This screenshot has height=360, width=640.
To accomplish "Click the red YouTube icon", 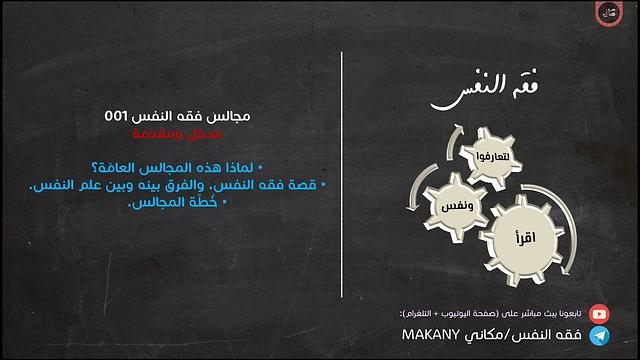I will [x=599, y=312].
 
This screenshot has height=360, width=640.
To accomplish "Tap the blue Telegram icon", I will [x=599, y=335].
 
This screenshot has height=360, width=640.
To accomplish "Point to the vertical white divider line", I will [x=342, y=180].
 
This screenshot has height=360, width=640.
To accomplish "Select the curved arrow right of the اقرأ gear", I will [x=566, y=225].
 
